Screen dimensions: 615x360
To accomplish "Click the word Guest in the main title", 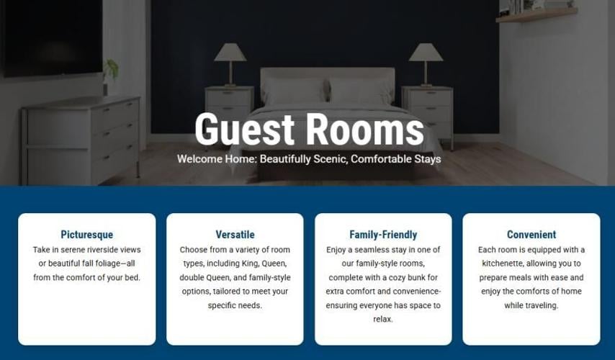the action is tap(244, 129).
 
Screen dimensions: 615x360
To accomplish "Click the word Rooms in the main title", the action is tap(365, 129).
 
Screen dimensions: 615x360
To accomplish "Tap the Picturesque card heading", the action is tap(86, 235).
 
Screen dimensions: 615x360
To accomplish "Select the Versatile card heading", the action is tap(235, 235).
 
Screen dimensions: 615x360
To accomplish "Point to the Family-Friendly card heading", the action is tap(383, 235).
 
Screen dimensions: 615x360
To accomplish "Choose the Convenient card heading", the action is tap(531, 235).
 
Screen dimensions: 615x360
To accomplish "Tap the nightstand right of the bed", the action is tap(428, 114).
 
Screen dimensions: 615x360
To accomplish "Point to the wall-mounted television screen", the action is tap(51, 37).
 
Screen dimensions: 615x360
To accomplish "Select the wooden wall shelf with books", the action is tap(537, 14).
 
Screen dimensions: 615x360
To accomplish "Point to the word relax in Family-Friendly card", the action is tap(383, 319).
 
